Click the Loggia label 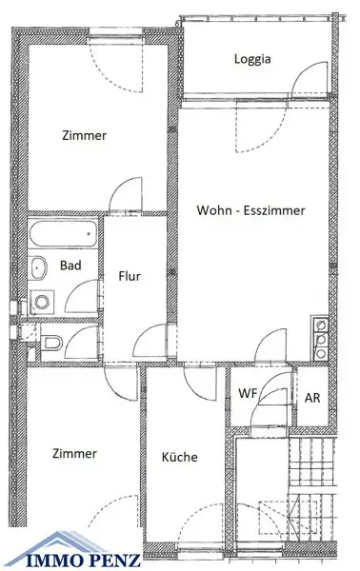click(x=252, y=59)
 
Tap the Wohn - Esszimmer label click(x=250, y=210)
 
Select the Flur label click(x=130, y=276)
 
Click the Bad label click(x=70, y=266)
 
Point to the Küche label click(x=180, y=457)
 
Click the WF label click(x=248, y=393)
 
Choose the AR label click(x=312, y=398)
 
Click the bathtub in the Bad click(x=63, y=234)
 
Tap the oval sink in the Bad click(x=38, y=268)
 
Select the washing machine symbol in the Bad click(x=42, y=302)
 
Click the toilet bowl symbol click(x=52, y=343)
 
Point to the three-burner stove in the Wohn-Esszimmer click(x=320, y=338)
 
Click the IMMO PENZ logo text click(x=78, y=560)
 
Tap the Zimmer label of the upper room click(x=84, y=135)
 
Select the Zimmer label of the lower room click(x=74, y=453)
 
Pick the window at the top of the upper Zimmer click(x=115, y=36)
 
